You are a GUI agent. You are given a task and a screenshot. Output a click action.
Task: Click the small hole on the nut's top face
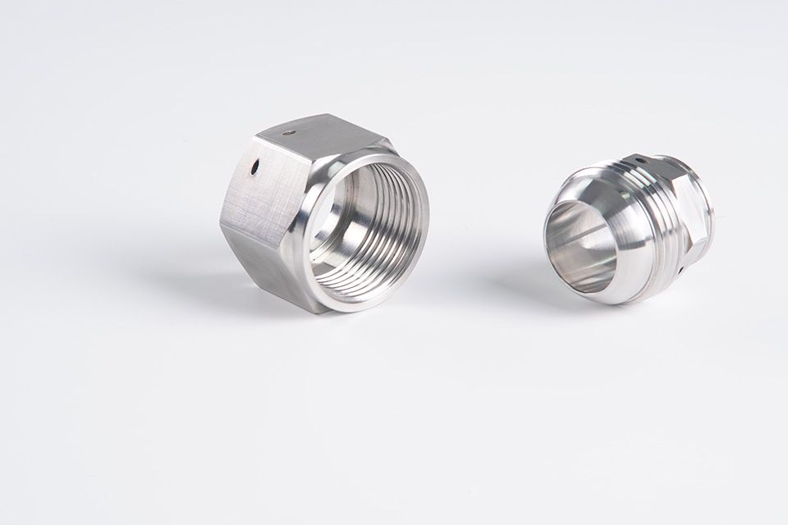coord(288,133)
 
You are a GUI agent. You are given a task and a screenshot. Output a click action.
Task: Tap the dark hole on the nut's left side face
coord(255,167)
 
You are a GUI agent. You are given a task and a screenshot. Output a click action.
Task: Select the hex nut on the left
coord(320,213)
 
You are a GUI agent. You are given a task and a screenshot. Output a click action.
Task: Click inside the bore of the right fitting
coord(579,242)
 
